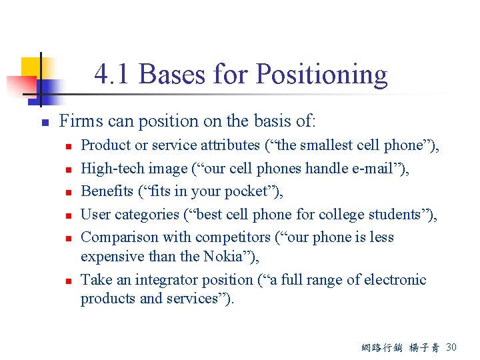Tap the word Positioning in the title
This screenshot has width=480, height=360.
321,75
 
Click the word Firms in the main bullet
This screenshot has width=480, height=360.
77,121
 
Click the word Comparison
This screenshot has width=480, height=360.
118,237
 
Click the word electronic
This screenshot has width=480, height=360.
391,280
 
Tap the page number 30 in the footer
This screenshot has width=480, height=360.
451,347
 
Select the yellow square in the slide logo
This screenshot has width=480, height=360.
31,67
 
